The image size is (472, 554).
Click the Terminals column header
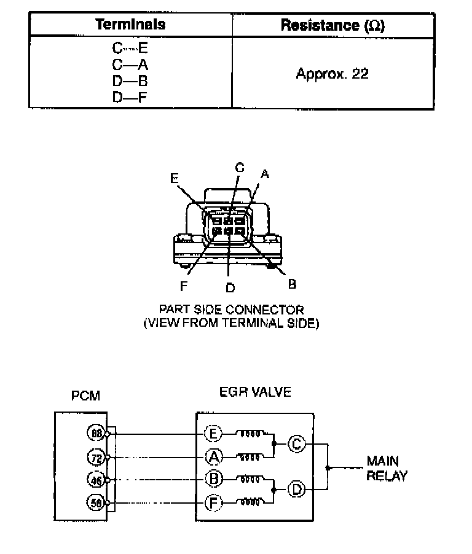pos(130,25)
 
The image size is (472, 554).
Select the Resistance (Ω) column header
pos(333,25)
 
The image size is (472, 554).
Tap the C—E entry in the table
pos(130,47)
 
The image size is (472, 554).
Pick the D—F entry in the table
pos(130,96)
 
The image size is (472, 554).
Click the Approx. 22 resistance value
pos(332,74)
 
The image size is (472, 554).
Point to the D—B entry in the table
pos(130,80)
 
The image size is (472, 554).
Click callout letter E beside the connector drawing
pos(175,178)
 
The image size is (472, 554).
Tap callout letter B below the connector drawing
pos(293,283)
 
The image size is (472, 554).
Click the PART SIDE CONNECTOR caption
pos(230,310)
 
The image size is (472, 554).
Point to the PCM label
pos(85,397)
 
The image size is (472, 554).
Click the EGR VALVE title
pos(254,392)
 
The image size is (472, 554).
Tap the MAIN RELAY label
pos(387,467)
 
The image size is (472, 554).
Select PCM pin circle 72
pos(96,457)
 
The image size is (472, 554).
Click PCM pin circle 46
pos(96,480)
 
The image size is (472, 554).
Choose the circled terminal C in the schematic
pos(297,444)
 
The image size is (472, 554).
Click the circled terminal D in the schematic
pos(297,490)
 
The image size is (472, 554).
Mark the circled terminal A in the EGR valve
pos(212,457)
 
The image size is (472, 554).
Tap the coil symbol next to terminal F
pos(252,503)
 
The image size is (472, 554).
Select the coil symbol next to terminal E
pos(252,434)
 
